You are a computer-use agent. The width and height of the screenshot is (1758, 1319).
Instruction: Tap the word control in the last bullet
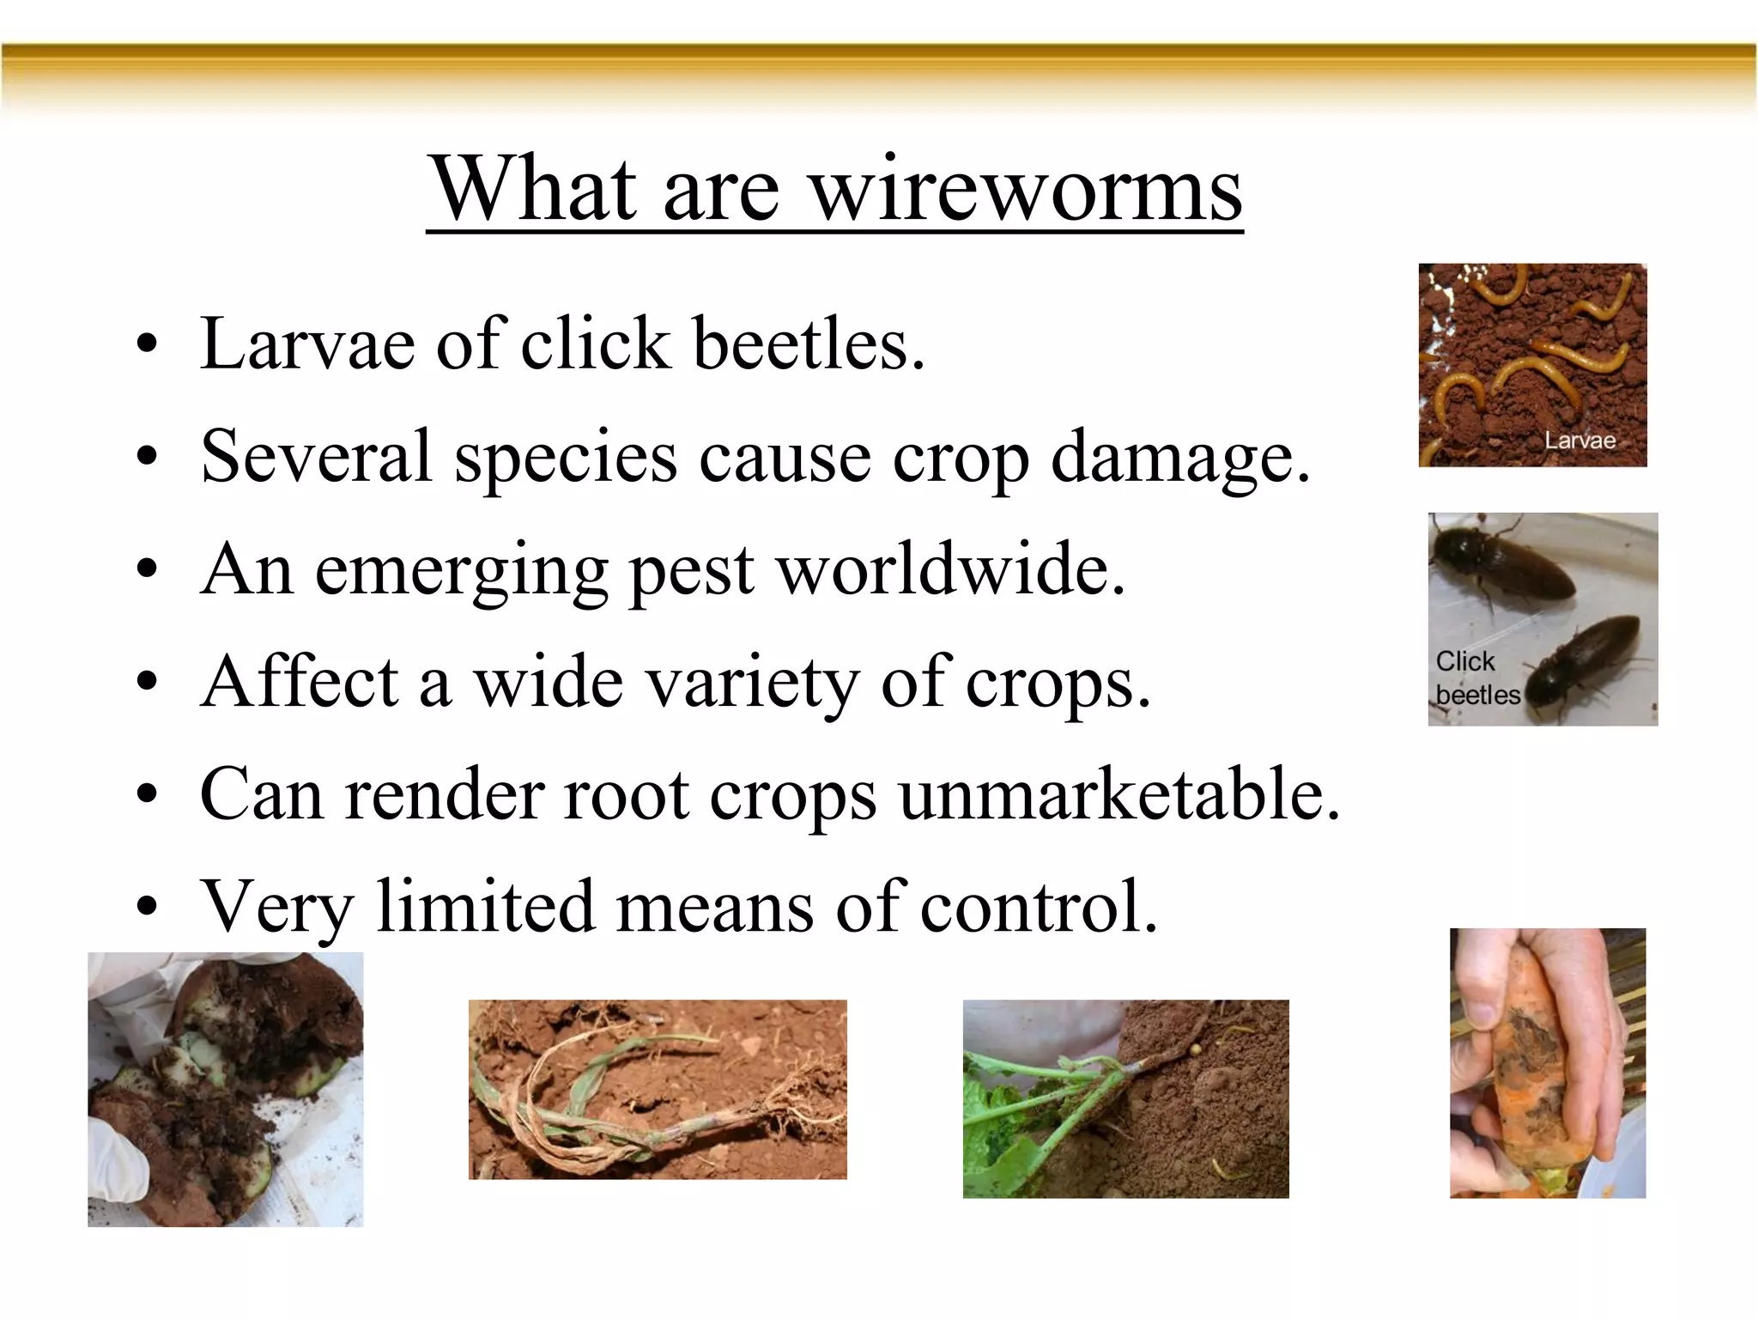[x=1039, y=907]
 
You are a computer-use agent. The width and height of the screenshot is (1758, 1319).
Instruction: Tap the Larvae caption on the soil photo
[x=1579, y=441]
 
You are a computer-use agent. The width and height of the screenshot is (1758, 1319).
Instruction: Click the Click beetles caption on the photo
[x=1476, y=678]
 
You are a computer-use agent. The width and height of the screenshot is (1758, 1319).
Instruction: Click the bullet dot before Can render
[x=147, y=794]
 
